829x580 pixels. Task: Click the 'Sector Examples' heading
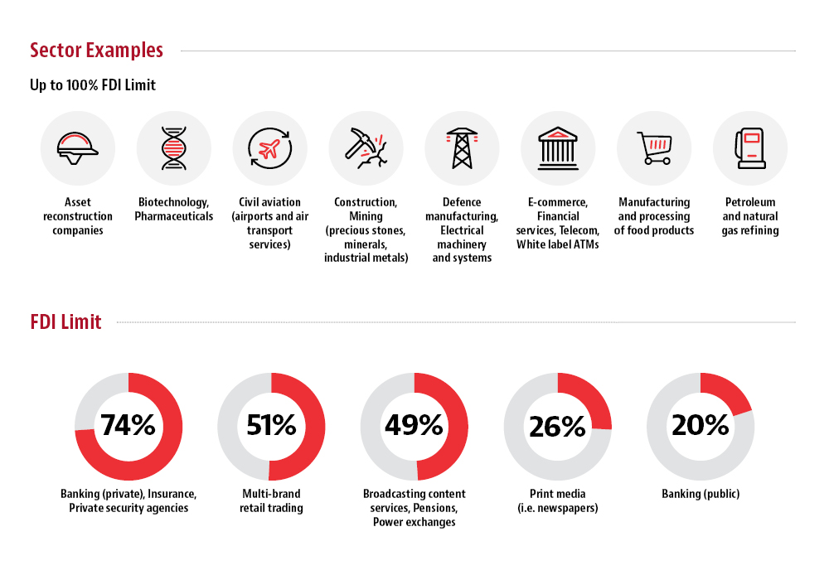pos(96,50)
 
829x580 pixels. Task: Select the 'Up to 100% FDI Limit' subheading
pos(93,85)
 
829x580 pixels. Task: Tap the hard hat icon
pos(78,148)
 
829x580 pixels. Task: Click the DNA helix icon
pos(174,148)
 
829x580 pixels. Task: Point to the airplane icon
pos(270,148)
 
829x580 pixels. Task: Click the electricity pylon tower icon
pos(462,148)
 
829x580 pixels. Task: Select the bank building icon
pos(558,148)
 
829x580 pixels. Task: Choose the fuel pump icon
pos(749,148)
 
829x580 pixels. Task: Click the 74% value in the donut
pos(128,425)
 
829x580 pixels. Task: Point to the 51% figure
pos(271,425)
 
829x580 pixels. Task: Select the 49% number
pos(414,425)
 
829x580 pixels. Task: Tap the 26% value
pos(557,426)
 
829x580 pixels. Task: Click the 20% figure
pos(701,425)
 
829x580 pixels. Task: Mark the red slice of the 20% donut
pos(725,390)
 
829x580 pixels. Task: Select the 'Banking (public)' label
pos(701,494)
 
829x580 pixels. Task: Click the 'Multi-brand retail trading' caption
pos(271,500)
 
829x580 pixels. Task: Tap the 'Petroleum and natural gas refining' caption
pos(750,216)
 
